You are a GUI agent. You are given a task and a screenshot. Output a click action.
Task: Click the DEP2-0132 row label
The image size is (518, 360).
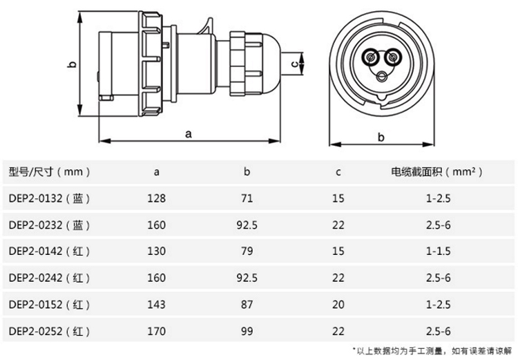tap(49, 198)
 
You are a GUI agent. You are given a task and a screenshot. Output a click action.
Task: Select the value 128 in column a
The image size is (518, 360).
tap(156, 198)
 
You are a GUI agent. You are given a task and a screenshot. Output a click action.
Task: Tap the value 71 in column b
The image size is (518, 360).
tap(247, 198)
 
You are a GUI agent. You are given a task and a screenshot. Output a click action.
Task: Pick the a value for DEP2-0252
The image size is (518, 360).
tap(156, 331)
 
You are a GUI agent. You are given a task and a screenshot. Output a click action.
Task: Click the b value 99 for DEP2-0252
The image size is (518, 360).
tap(247, 331)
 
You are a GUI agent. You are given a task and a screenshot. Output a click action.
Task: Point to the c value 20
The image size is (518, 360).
tap(338, 305)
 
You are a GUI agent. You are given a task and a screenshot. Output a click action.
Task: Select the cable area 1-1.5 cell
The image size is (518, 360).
tap(438, 252)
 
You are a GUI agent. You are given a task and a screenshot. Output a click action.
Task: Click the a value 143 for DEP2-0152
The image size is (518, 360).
tap(156, 305)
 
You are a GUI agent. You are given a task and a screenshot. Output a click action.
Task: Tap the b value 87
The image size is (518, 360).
tap(247, 305)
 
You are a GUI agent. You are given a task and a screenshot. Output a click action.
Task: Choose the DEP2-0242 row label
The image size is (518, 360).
tap(49, 278)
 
